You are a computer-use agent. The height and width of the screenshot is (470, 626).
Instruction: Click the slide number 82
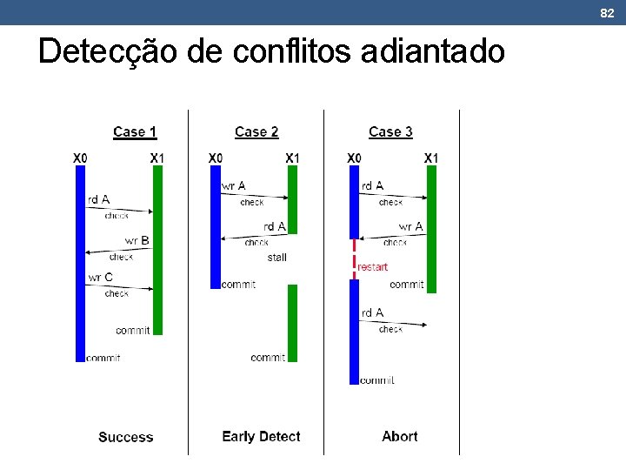pos(607,12)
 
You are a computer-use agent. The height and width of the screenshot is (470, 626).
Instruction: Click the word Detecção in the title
pos(110,52)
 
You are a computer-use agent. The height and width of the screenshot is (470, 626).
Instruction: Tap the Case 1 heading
pos(135,132)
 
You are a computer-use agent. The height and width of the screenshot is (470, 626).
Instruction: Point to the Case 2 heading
pos(256,132)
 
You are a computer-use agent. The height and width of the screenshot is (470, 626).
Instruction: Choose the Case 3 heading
pos(390,132)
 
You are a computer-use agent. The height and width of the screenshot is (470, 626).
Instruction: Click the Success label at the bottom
pos(126,437)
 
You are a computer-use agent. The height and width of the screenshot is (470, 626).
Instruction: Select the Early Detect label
pos(261,437)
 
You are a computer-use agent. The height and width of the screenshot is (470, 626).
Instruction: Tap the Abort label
pos(400,437)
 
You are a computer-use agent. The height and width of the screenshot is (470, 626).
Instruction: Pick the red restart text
pos(373,267)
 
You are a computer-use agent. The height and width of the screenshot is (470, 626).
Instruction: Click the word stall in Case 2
pos(277,257)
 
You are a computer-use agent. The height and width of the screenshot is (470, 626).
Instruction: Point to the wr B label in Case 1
pos(137,240)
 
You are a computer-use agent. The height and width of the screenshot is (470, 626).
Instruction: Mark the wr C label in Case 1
pos(100,278)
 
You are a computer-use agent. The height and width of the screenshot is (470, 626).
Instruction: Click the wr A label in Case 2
pos(234,185)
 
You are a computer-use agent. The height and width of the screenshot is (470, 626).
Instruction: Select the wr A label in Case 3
pos(410,226)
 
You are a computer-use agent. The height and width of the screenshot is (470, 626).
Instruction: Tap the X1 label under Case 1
pos(157,158)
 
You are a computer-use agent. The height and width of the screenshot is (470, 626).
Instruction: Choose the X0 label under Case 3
pos(354,158)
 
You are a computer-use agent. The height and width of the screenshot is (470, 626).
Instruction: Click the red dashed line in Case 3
pos(354,258)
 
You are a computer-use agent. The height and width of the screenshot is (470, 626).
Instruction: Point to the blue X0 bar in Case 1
pos(80,261)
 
